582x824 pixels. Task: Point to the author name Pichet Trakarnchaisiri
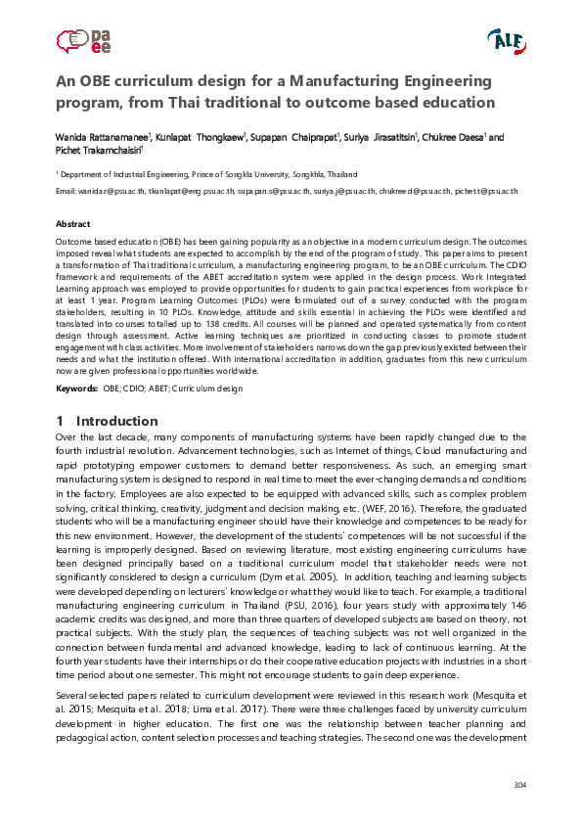point(98,151)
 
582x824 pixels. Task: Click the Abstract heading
point(73,224)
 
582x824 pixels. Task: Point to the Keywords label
point(76,389)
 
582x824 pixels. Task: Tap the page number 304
point(519,787)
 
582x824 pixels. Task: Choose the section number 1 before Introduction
point(61,422)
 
